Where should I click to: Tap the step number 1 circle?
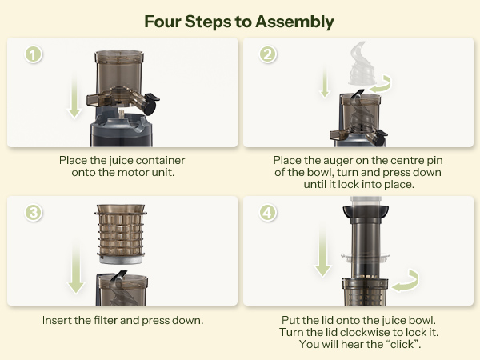pos(33,56)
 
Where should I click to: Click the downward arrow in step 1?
pos(74,94)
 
